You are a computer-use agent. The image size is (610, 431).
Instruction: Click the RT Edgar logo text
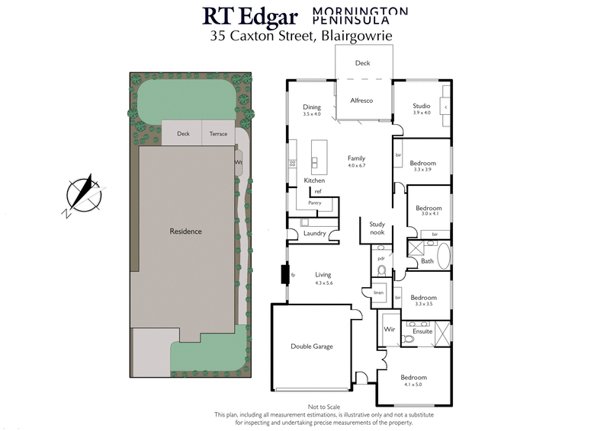click(249, 17)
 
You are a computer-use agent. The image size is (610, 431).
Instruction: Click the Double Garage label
click(312, 346)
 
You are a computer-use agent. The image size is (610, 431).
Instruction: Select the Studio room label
click(422, 106)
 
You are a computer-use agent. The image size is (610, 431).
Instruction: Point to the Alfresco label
click(361, 101)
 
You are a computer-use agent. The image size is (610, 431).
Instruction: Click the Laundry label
click(315, 233)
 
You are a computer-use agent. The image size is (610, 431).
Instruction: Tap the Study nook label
click(377, 228)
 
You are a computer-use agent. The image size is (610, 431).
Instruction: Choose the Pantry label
click(315, 203)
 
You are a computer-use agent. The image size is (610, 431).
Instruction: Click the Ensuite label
click(422, 331)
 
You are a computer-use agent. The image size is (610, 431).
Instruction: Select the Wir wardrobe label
click(389, 329)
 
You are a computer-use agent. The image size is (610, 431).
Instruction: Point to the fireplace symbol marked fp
click(293, 274)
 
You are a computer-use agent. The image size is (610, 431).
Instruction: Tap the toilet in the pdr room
click(382, 270)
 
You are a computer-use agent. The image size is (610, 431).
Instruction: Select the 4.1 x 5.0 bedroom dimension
click(414, 385)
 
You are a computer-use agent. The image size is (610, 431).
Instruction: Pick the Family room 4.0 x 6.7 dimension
click(356, 165)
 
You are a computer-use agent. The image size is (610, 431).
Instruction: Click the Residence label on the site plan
click(186, 231)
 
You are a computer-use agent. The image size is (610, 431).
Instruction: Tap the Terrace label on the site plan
click(219, 133)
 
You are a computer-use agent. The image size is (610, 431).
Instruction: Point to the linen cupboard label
click(377, 292)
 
